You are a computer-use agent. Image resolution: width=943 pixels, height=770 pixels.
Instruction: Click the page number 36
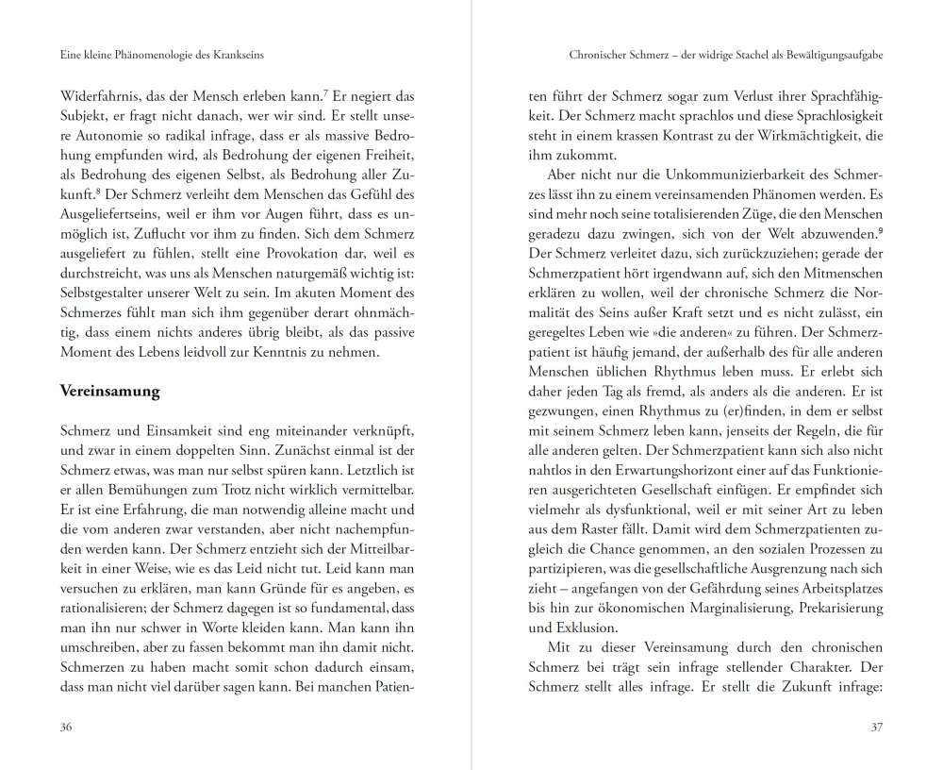click(66, 727)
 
